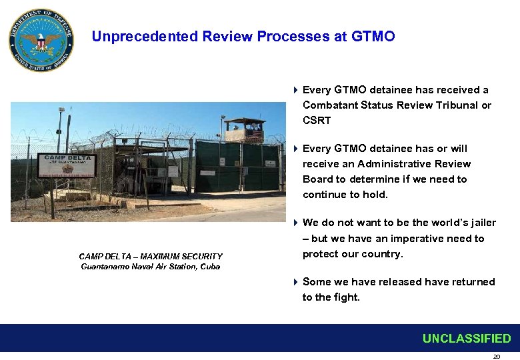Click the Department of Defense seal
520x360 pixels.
coord(41,41)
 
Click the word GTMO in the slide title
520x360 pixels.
coord(374,37)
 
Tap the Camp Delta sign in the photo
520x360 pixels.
coord(67,166)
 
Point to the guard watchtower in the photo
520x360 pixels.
coord(245,130)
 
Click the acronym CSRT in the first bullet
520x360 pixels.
coord(317,121)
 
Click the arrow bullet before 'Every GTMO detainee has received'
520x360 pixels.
coord(295,90)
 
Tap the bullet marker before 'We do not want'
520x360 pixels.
coord(295,223)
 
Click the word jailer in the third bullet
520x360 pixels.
coord(481,223)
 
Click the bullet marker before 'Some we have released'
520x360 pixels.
coord(295,282)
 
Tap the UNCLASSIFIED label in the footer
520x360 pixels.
coord(466,339)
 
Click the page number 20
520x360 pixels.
coord(496,357)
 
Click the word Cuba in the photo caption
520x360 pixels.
coord(208,267)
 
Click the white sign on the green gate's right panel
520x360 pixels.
coord(269,163)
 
